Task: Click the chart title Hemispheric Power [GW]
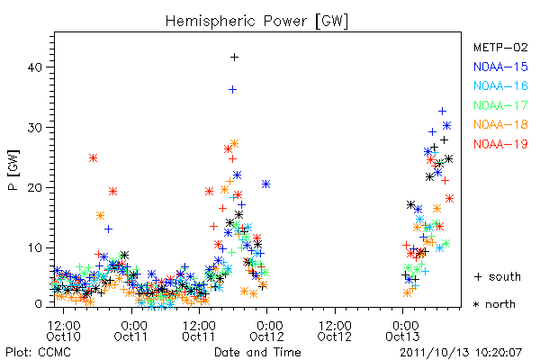point(256,21)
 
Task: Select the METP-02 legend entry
point(500,47)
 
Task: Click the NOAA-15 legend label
point(500,67)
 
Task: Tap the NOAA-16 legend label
point(500,85)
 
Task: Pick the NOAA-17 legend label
point(500,105)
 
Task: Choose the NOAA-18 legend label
point(500,124)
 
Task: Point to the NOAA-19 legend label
point(500,144)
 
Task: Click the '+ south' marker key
point(498,276)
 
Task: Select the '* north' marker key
point(494,304)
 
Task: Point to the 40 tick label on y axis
point(35,67)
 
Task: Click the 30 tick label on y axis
point(35,128)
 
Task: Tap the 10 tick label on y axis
point(35,248)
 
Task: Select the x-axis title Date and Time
point(257,352)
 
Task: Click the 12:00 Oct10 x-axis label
point(64,331)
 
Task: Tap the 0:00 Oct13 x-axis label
point(403,331)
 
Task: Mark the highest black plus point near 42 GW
point(234,58)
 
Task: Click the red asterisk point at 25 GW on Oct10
point(93,158)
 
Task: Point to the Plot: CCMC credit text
point(38,352)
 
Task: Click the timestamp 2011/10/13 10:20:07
point(461,352)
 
